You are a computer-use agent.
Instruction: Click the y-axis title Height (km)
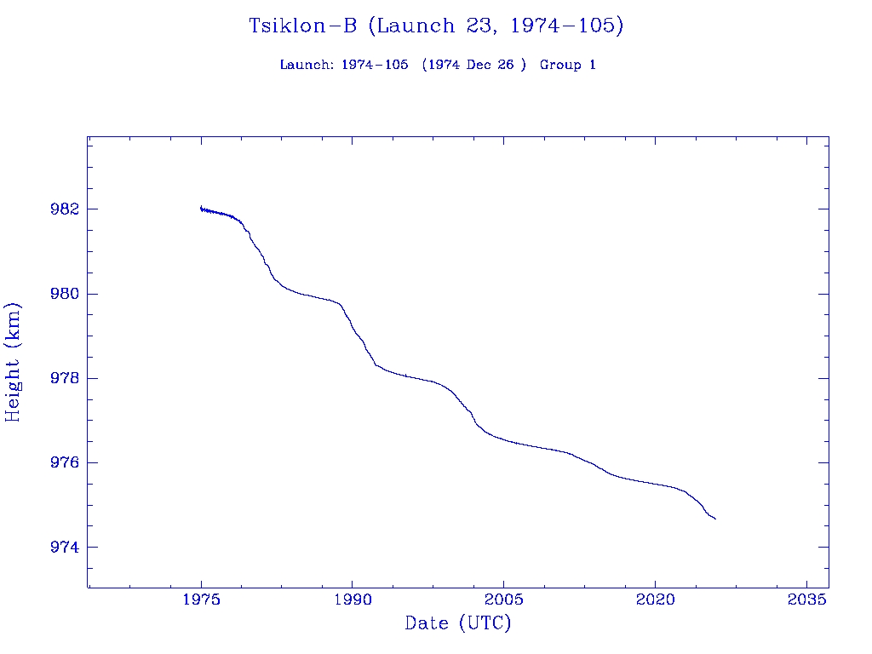pos(13,361)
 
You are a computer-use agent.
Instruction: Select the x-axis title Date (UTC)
pos(458,623)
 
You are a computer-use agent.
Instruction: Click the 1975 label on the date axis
pos(202,599)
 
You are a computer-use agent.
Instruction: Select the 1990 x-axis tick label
pos(353,599)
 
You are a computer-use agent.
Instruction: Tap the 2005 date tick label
pos(504,599)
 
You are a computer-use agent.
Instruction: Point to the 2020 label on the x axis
pos(656,599)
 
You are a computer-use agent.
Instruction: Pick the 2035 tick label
pos(806,599)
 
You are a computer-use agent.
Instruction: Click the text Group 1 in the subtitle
pos(568,65)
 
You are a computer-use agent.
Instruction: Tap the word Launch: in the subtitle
pos(307,65)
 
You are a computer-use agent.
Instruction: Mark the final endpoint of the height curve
pos(715,519)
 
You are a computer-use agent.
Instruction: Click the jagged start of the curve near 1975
pos(202,209)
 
